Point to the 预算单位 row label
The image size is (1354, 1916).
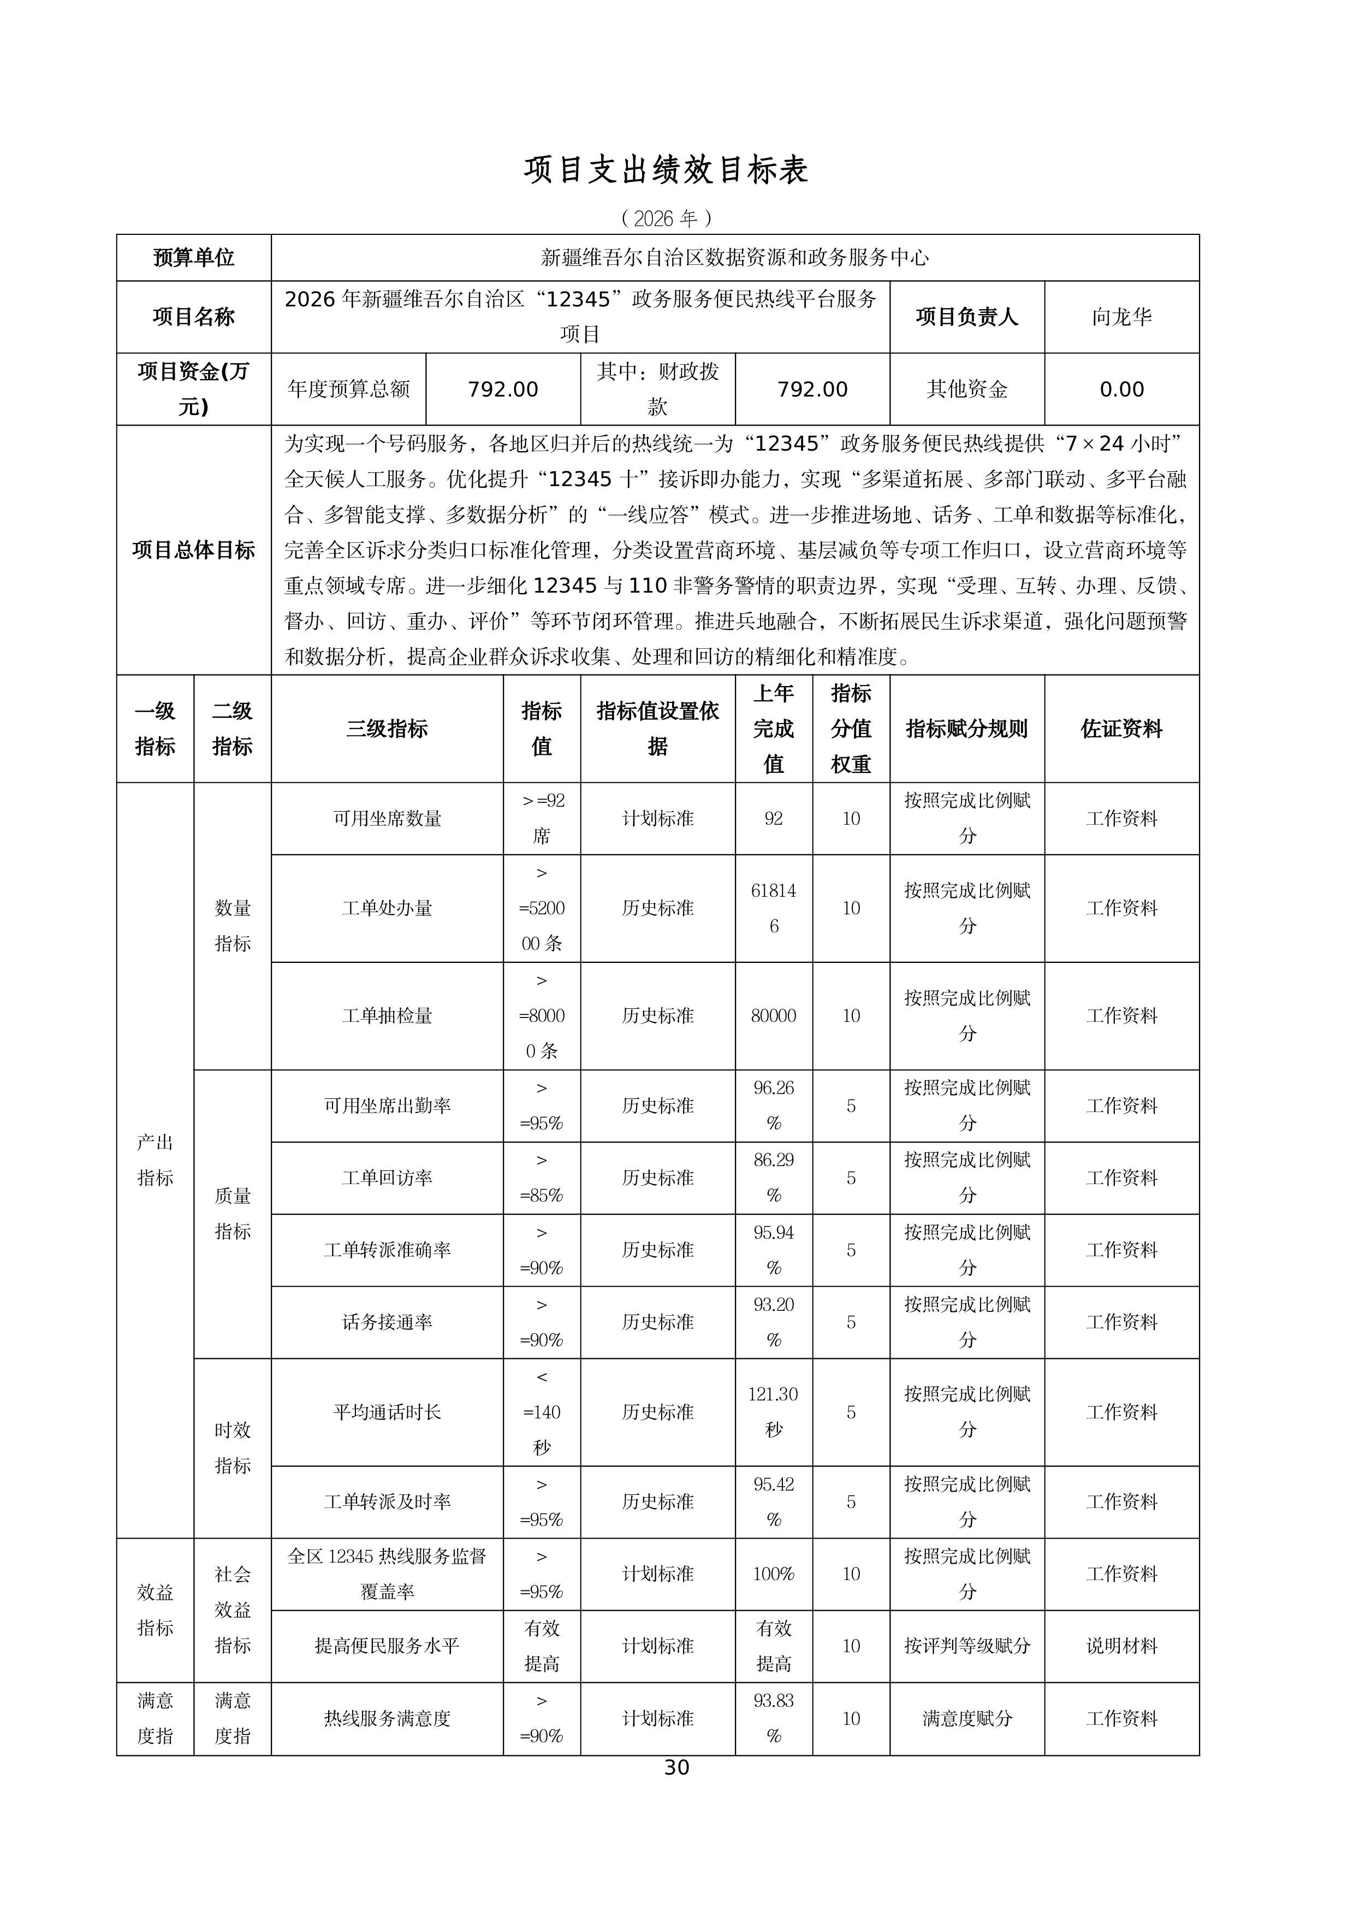click(x=194, y=258)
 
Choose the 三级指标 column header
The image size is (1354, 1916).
click(x=387, y=729)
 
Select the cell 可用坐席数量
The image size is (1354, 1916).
click(x=387, y=819)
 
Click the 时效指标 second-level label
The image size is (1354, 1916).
click(x=232, y=1448)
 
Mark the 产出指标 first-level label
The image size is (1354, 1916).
click(x=155, y=1160)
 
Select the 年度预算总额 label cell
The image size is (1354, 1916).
click(x=349, y=390)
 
